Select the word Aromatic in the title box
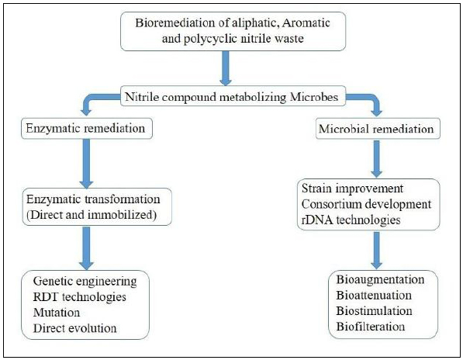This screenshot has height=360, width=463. pos(306,22)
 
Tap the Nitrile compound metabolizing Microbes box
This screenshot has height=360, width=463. pos(233,96)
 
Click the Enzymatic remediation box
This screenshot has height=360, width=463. pos(87,129)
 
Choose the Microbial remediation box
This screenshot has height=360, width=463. pos(378,129)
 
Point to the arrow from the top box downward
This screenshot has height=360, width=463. pos(226,68)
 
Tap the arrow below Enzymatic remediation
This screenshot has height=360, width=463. pos(87,163)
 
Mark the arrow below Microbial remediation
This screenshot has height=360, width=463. pos(376,158)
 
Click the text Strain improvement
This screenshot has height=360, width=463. pos(352,188)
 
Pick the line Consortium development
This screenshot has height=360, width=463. pos(366,204)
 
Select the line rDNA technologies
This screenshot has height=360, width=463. pos(351,220)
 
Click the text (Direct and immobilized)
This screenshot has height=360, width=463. pos(92,215)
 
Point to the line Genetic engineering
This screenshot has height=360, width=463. pos(85,281)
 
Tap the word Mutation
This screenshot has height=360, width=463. pos(57,313)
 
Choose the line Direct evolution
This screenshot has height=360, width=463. pos(74,328)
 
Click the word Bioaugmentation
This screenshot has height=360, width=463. pos(380,279)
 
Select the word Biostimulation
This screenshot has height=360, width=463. pos(374,310)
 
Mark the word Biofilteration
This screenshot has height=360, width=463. pos(370,327)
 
